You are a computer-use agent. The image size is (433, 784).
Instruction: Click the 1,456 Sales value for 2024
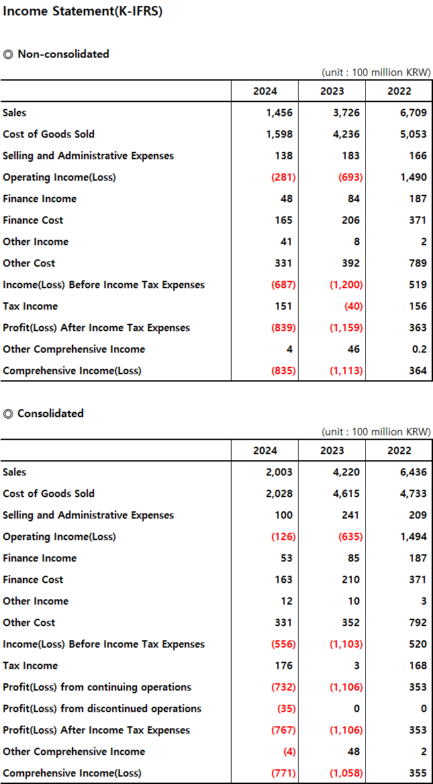pos(279,113)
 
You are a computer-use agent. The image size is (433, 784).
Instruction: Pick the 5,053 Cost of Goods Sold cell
pos(413,134)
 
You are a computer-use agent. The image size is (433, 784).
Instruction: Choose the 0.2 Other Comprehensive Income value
pos(418,349)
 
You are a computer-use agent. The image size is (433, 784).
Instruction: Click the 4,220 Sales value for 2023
pos(346,472)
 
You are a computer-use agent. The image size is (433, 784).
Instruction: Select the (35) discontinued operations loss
pos(283,709)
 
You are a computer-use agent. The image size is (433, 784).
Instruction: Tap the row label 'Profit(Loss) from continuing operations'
pos(97,687)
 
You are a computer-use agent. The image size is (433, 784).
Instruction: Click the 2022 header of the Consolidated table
pos(399,451)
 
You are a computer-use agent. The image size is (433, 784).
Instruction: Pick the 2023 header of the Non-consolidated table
pos(332,91)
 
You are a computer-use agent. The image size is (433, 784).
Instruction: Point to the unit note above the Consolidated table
pos(376,431)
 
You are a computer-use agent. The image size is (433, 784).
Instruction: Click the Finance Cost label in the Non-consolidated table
pos(33,220)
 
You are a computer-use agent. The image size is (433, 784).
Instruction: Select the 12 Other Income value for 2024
pos(286,601)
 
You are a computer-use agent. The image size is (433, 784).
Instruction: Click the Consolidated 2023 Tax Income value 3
pos(356,666)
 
